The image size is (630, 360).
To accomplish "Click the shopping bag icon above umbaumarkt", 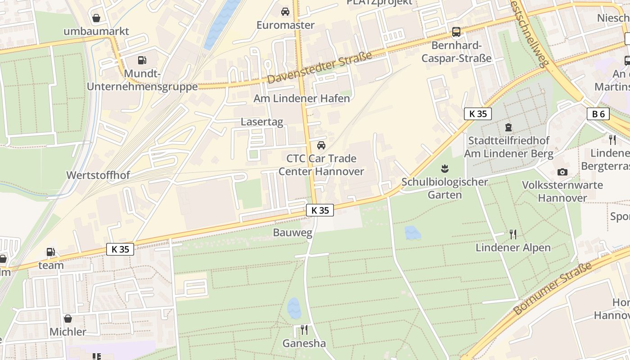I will [x=96, y=18].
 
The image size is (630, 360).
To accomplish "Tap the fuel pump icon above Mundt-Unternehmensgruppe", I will [x=142, y=60].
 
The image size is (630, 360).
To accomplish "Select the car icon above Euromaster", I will [x=285, y=12].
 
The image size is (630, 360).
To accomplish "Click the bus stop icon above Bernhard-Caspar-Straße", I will [x=456, y=32].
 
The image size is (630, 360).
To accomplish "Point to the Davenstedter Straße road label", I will [x=319, y=67].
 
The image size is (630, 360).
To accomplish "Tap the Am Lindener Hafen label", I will [x=301, y=98].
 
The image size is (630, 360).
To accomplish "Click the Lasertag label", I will [x=262, y=121].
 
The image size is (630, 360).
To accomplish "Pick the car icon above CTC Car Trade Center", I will [x=321, y=145].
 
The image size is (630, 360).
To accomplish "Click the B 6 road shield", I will [x=598, y=114].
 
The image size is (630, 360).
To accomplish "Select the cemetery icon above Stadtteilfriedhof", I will [x=508, y=127].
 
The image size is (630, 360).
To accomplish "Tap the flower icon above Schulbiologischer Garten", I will [x=445, y=169].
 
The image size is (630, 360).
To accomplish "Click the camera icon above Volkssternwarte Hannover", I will [x=562, y=172].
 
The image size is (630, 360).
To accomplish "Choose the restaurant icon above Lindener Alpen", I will [x=513, y=234].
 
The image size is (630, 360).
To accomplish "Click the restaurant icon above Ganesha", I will [x=304, y=330].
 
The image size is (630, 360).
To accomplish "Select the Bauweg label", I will [x=286, y=233].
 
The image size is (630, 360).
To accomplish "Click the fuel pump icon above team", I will [x=51, y=252].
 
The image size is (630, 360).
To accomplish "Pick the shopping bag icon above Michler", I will [x=67, y=319].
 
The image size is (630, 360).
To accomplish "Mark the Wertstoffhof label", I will [x=98, y=175].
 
